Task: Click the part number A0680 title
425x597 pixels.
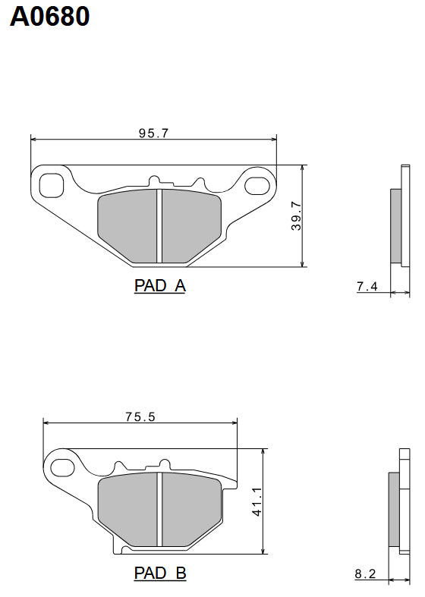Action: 50,16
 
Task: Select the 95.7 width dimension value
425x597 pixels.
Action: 153,133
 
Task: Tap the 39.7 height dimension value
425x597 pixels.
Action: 297,215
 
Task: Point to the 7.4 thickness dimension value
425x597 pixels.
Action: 367,286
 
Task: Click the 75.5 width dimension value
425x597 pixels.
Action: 140,416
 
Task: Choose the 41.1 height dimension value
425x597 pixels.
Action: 257,501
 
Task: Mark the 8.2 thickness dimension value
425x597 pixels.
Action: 365,574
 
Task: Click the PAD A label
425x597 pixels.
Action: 159,286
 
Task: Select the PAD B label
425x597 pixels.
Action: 159,573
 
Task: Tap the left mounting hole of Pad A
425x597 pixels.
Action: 52,184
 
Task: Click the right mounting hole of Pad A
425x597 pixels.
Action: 257,184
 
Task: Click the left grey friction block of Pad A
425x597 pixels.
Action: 128,226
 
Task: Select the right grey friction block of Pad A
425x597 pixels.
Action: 190,226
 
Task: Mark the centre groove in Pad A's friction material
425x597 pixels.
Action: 159,226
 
